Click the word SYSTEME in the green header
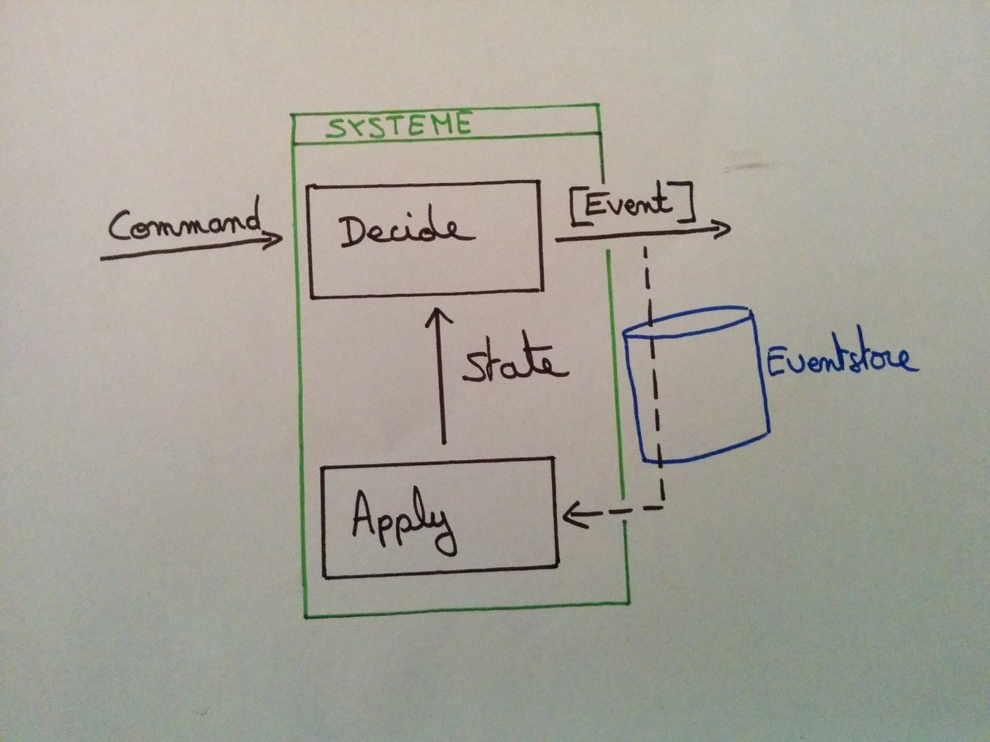coord(398,127)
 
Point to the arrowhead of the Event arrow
coord(723,228)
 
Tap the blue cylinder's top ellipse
coord(690,323)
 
